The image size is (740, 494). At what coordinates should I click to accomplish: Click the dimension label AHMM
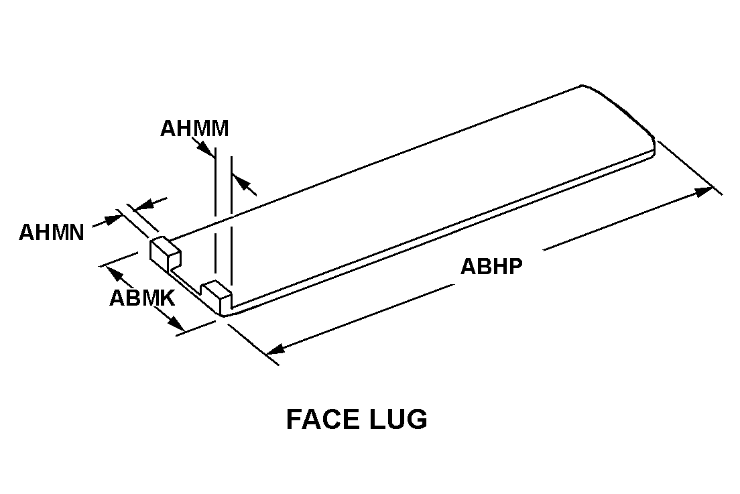pyautogui.click(x=194, y=128)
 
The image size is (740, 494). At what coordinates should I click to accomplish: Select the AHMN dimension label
pyautogui.click(x=52, y=233)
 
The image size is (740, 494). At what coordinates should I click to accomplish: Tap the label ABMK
pyautogui.click(x=143, y=298)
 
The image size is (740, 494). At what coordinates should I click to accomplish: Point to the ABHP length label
pyautogui.click(x=492, y=266)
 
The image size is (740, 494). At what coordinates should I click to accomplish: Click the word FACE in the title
pyautogui.click(x=322, y=419)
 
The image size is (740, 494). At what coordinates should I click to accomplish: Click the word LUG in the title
pyautogui.click(x=398, y=419)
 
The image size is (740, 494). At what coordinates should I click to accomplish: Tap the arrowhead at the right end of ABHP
pyautogui.click(x=704, y=192)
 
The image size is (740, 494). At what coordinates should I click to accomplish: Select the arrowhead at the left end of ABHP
pyautogui.click(x=275, y=349)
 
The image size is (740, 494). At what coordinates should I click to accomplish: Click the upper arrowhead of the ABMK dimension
pyautogui.click(x=114, y=274)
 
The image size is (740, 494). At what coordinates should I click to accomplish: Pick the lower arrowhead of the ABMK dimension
pyautogui.click(x=176, y=323)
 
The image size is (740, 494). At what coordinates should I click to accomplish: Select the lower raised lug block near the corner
pyautogui.click(x=217, y=292)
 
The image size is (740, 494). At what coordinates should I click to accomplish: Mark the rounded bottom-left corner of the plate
pyautogui.click(x=223, y=312)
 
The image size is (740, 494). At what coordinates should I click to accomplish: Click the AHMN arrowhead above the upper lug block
pyautogui.click(x=144, y=205)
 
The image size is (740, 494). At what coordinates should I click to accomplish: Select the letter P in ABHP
pyautogui.click(x=516, y=266)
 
